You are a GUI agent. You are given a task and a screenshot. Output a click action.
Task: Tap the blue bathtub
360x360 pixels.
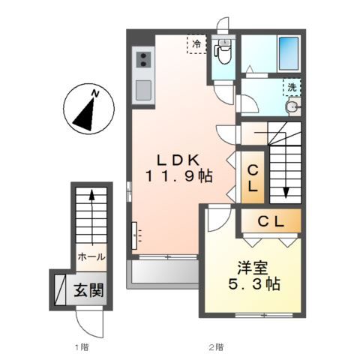coord(289,53)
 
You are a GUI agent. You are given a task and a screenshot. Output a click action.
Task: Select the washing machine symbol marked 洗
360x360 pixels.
coord(292,87)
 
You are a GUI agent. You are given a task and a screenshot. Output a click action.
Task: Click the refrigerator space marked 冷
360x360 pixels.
coord(196,44)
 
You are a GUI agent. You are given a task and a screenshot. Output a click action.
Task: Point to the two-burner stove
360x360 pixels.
coord(143,60)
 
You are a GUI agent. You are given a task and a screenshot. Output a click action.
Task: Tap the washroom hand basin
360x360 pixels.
coord(293,108)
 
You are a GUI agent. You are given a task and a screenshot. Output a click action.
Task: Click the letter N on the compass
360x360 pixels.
coord(95,94)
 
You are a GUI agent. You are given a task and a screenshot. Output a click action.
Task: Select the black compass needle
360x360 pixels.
coord(84,115)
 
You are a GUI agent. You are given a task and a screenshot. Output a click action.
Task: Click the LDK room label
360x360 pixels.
coord(178,160)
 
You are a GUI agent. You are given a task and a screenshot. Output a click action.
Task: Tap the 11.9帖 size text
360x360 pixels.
coord(179,176)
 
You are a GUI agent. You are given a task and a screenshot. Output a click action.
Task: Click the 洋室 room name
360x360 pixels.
coord(253,268)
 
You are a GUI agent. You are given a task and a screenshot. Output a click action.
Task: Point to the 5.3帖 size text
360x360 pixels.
coord(254,283)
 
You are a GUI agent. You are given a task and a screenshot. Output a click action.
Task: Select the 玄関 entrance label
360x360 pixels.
coord(88,290)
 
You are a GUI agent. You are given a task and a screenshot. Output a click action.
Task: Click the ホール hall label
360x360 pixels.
coord(91,257)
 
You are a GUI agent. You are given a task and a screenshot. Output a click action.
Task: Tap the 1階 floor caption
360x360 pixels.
coord(82,347)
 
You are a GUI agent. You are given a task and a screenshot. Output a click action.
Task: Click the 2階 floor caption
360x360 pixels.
coord(217,347)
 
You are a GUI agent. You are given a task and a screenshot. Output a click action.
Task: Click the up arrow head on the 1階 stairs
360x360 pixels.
coord(92,195)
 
